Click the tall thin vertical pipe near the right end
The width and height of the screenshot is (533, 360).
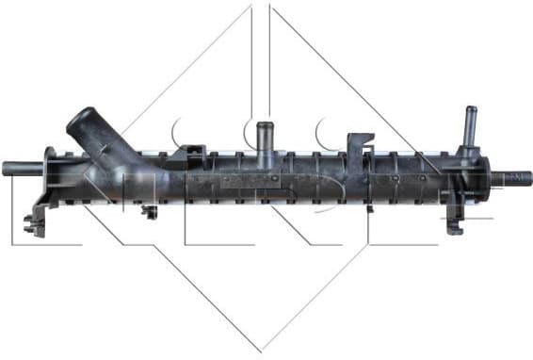469,127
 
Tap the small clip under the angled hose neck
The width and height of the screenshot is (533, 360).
149,210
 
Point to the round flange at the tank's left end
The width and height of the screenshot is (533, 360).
52,175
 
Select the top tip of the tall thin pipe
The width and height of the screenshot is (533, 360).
469,108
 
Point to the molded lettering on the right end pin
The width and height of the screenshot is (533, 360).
516,177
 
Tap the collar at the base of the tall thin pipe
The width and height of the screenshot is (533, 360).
468,149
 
